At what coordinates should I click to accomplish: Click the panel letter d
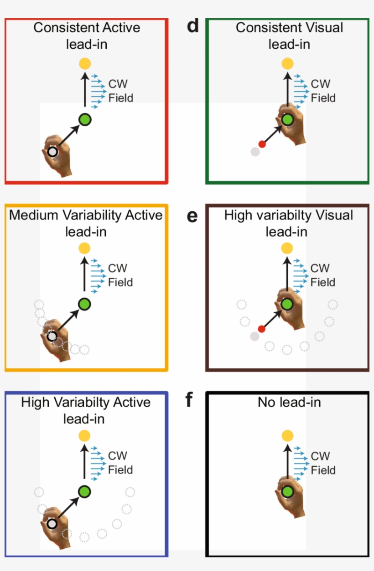193,26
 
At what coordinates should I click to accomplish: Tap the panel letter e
192,216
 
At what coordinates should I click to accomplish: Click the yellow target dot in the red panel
85,64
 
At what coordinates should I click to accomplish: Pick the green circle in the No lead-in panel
287,492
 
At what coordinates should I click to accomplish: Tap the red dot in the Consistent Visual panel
262,144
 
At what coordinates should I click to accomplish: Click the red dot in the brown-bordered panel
261,329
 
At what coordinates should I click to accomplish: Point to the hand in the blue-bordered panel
57,527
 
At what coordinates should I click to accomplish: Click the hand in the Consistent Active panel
59,155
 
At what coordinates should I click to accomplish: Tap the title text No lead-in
289,403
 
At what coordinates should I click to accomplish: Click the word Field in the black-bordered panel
323,470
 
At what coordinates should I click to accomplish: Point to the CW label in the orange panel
118,268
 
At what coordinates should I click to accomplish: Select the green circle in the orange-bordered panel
84,304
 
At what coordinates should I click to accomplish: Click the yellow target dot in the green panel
287,64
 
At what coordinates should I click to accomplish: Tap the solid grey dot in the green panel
255,152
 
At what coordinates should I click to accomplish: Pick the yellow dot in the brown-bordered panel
287,248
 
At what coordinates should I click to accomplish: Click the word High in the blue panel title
35,403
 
